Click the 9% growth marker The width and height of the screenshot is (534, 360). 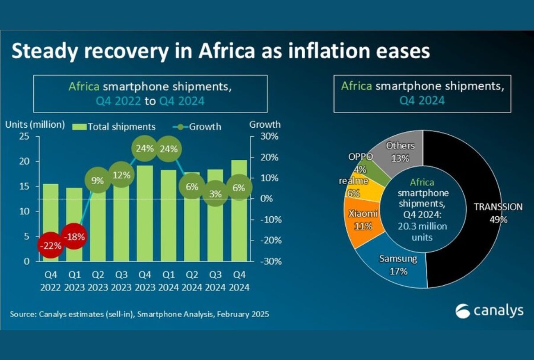[97, 181]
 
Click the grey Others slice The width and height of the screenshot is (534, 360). [400, 149]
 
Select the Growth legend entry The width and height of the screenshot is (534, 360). [199, 127]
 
